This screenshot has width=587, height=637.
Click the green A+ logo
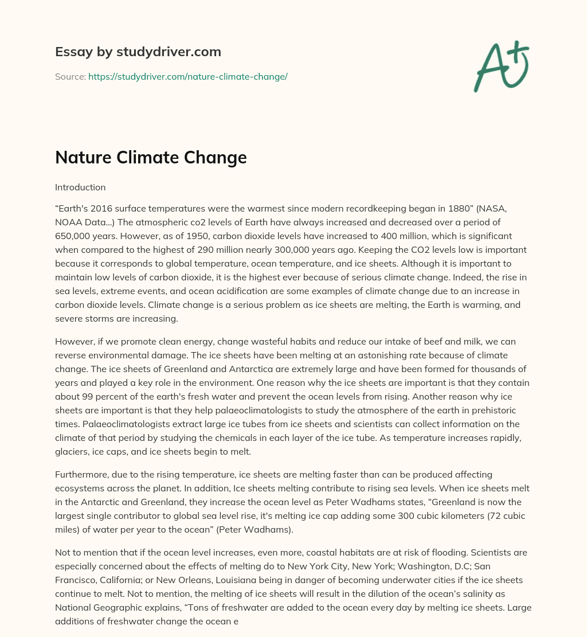500,67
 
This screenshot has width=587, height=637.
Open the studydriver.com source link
187,76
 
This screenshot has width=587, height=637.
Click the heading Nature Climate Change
151,157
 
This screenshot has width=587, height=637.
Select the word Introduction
80,187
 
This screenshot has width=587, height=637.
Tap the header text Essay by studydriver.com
138,52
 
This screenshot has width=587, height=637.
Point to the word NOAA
69,221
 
